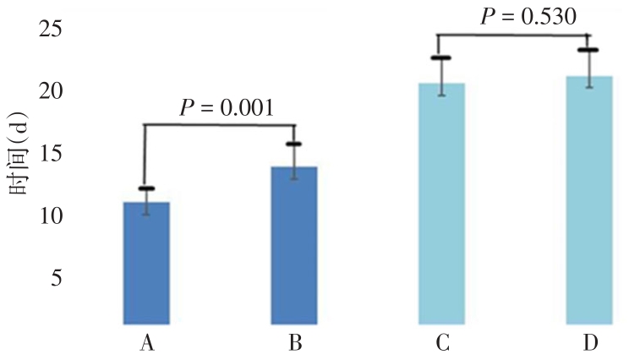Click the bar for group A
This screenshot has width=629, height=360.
146,263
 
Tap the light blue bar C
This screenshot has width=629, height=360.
441,203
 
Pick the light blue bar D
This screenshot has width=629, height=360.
588,199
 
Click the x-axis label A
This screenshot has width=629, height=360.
147,343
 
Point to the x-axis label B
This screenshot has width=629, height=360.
293,343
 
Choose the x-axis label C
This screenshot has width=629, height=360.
441,343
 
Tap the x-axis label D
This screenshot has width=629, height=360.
589,343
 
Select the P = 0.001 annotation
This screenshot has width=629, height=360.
226,108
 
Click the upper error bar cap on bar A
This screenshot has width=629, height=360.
146,188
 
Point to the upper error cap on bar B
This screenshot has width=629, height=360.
293,145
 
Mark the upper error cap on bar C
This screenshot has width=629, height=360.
441,57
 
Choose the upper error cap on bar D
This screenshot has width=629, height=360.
588,50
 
